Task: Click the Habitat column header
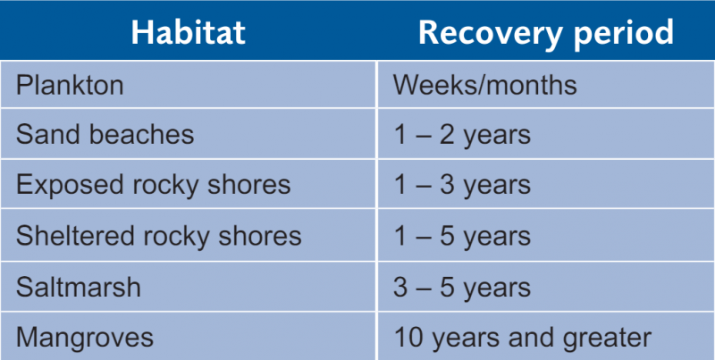click(188, 32)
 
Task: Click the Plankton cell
click(70, 85)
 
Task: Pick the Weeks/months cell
click(484, 85)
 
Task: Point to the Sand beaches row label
click(105, 134)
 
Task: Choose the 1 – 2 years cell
click(462, 136)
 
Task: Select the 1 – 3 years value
click(462, 186)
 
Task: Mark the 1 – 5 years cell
click(462, 237)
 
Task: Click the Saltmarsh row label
click(79, 287)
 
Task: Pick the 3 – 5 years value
click(462, 288)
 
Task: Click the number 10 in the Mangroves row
click(409, 338)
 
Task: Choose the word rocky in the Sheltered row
click(187, 237)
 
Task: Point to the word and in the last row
click(533, 338)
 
